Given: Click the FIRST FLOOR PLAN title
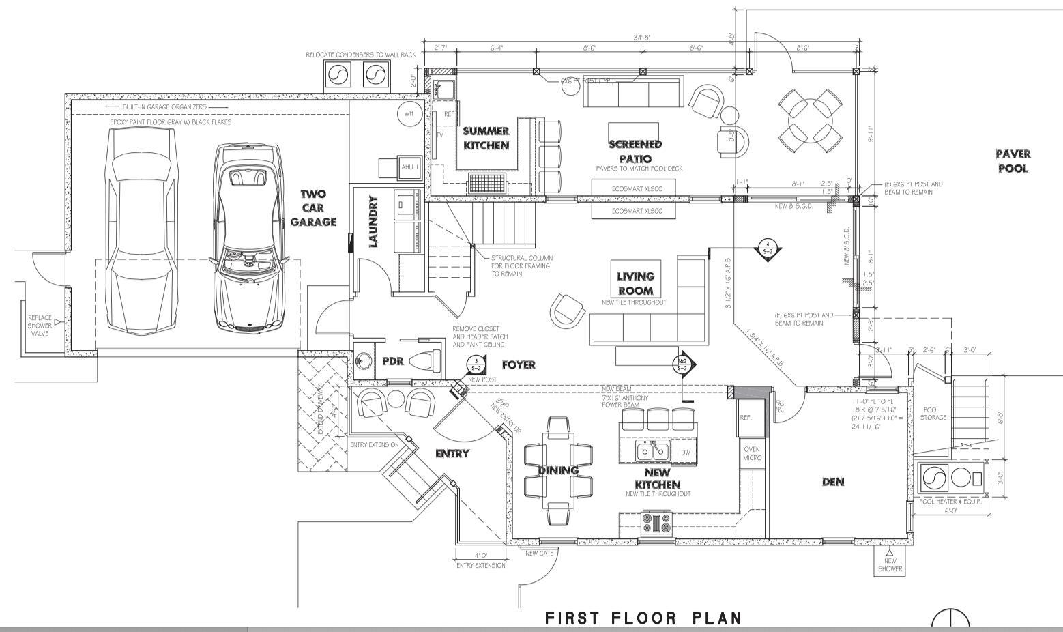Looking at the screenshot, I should pyautogui.click(x=643, y=618).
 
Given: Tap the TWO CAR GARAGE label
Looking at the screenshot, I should pyautogui.click(x=313, y=208).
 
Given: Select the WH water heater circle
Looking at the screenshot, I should pyautogui.click(x=409, y=113).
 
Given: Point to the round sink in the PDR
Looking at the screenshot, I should pyautogui.click(x=363, y=361).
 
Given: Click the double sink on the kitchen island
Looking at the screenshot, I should pyautogui.click(x=652, y=451).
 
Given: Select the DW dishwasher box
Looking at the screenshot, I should pyautogui.click(x=685, y=452).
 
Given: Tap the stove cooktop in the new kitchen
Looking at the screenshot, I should pyautogui.click(x=656, y=523).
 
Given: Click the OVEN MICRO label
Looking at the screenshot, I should pyautogui.click(x=751, y=453).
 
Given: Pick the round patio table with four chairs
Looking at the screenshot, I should pyautogui.click(x=809, y=121).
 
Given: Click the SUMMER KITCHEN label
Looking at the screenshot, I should pyautogui.click(x=486, y=138).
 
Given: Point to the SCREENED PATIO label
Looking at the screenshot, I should pyautogui.click(x=635, y=152).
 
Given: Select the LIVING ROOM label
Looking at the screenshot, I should pyautogui.click(x=635, y=283).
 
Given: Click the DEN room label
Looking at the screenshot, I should pyautogui.click(x=833, y=482).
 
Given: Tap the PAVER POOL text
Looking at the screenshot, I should pyautogui.click(x=1013, y=161).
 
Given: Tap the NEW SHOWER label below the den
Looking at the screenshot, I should pyautogui.click(x=890, y=564).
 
